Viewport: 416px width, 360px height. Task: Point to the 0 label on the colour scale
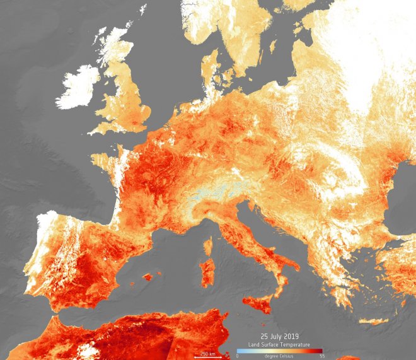coord(237,356)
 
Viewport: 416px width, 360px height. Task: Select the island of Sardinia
coord(207,272)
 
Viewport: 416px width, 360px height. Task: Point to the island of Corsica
coord(209,245)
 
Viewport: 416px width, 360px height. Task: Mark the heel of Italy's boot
coord(291,263)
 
